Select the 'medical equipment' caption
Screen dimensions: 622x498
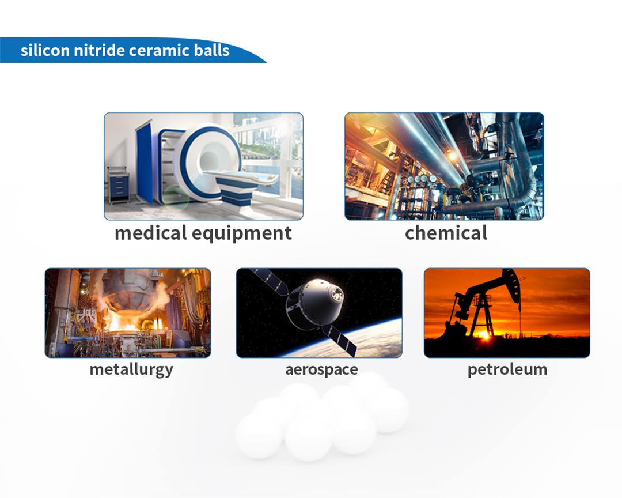[203, 233]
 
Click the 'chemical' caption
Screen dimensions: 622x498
[446, 233]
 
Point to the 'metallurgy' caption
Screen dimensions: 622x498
[131, 369]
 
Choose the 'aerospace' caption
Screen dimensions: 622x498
[322, 369]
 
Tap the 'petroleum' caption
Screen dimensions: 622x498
[507, 369]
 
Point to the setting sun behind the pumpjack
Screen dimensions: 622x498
[485, 335]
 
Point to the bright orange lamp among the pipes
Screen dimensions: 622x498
[452, 156]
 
